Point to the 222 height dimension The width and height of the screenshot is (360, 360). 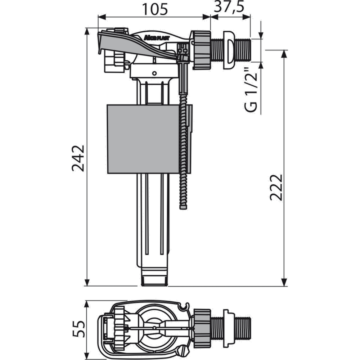coord(275,187)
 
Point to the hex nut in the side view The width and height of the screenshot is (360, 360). coord(202,49)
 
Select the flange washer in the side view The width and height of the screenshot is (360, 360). coord(229,49)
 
